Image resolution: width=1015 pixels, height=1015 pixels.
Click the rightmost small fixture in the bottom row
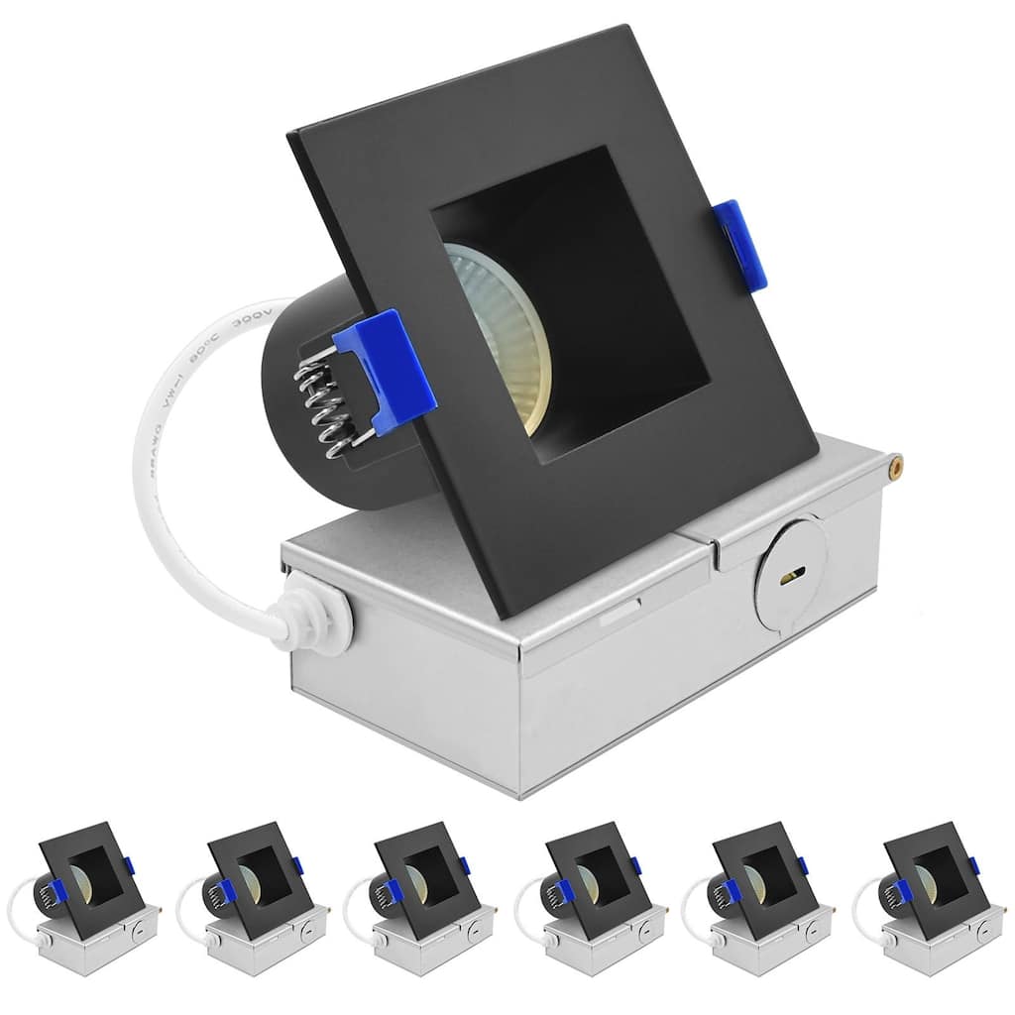point(928,896)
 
